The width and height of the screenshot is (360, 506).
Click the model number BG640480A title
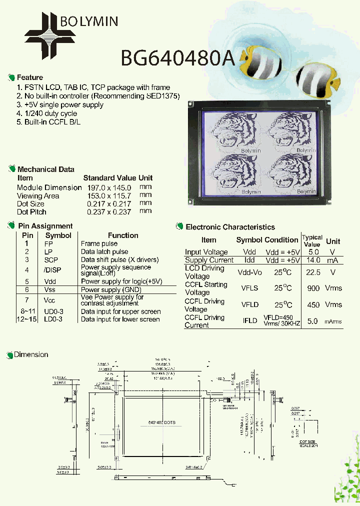177,58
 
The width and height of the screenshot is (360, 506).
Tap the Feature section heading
29,77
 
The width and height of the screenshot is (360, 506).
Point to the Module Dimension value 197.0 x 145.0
107,187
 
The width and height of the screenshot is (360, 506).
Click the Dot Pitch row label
31,212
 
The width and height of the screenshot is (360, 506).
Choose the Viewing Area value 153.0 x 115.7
107,196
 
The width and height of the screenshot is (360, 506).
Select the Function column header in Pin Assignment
123,235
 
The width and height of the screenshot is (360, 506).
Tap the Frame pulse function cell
99,243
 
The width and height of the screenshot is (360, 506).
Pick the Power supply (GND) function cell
111,289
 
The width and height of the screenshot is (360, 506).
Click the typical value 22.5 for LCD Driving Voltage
313,272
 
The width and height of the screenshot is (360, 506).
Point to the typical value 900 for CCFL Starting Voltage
313,288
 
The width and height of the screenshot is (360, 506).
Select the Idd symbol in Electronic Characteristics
249,260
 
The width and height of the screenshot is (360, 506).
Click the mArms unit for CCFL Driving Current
333,321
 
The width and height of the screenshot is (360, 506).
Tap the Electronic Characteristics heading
230,227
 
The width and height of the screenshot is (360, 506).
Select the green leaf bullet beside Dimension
9,355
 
